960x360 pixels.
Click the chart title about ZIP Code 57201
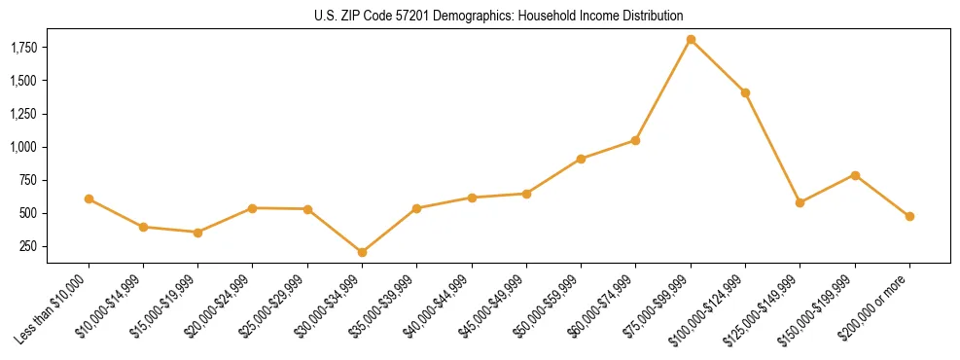499,16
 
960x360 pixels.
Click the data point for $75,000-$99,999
691,40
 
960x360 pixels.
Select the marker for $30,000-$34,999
362,252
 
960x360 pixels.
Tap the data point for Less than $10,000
89,198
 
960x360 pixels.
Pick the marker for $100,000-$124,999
745,92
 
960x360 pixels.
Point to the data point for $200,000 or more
909,216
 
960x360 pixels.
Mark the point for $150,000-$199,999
855,175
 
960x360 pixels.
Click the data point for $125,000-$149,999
800,202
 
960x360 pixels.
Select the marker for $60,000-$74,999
635,140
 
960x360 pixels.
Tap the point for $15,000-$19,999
197,233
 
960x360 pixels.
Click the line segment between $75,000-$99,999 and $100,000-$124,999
718,66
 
